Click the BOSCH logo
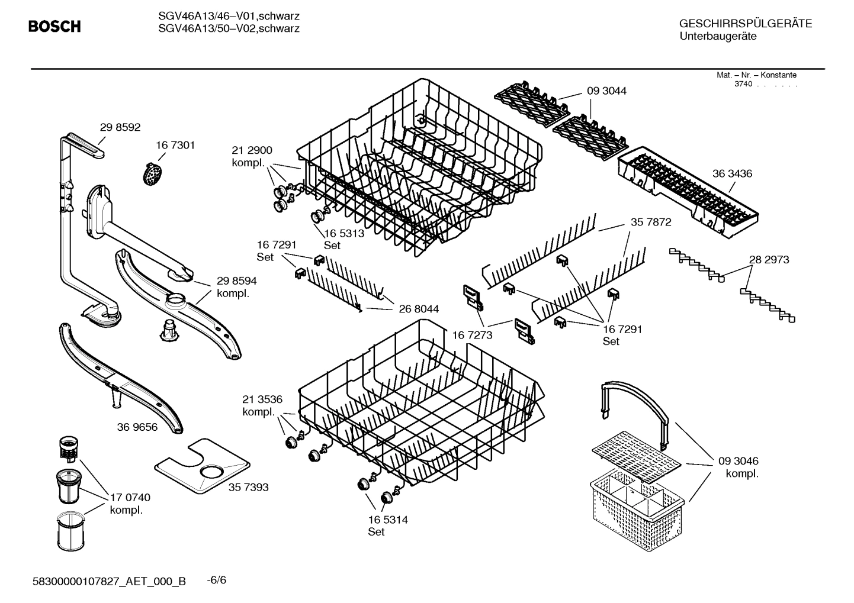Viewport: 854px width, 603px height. [x=54, y=26]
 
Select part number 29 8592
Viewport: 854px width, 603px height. [x=120, y=127]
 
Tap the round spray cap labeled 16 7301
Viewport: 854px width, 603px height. [x=153, y=173]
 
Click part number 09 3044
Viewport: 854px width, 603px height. [x=606, y=91]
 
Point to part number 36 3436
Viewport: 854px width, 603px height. [x=732, y=174]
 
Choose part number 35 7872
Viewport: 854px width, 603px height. [x=651, y=223]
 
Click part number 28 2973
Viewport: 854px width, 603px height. [x=769, y=260]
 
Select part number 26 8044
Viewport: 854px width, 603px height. [x=419, y=309]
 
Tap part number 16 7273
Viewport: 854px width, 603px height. [x=472, y=336]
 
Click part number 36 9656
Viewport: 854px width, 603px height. [x=137, y=427]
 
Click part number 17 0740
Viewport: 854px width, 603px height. [x=130, y=498]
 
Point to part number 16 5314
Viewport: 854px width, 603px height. [x=388, y=520]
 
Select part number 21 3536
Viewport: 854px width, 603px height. [x=262, y=399]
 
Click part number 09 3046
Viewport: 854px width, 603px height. [x=738, y=461]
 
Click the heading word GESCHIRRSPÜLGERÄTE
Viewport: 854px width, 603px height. [x=746, y=24]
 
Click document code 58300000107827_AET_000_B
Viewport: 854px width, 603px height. [x=109, y=581]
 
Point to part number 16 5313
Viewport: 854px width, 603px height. [x=344, y=233]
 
